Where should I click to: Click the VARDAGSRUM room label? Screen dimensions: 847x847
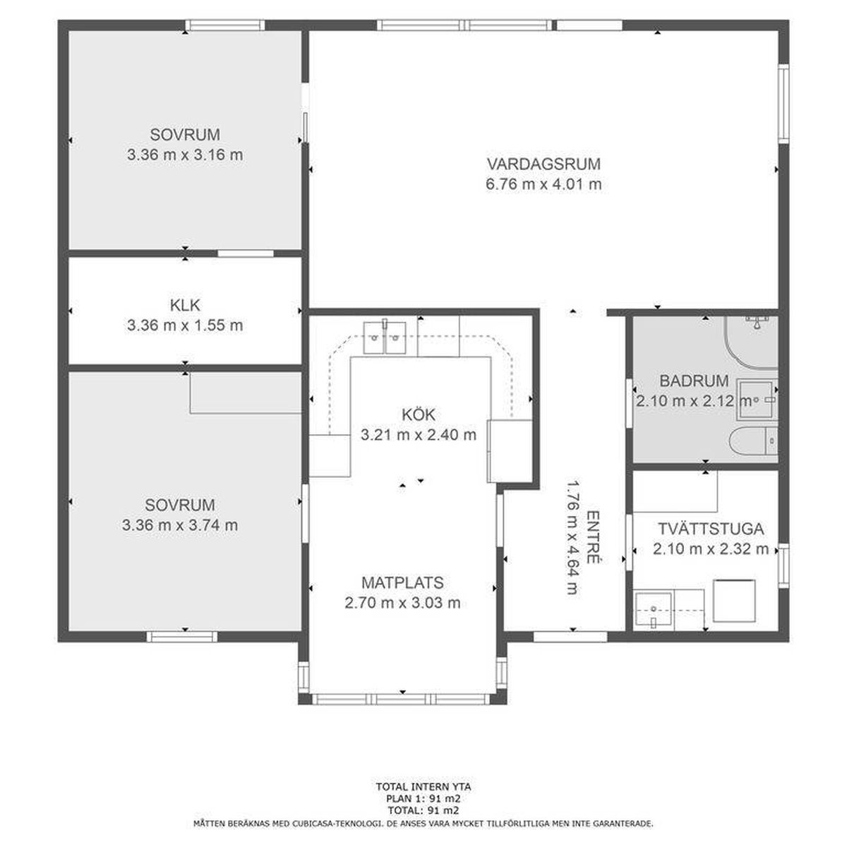pyautogui.click(x=543, y=164)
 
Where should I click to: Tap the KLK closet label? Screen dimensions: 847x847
pyautogui.click(x=185, y=305)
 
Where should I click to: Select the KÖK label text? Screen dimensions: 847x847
pyautogui.click(x=419, y=414)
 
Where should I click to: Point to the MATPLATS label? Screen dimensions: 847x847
pyautogui.click(x=402, y=583)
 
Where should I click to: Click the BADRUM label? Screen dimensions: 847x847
pyautogui.click(x=694, y=380)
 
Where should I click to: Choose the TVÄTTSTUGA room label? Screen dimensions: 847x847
pyautogui.click(x=711, y=529)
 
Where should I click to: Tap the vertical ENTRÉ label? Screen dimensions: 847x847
pyautogui.click(x=594, y=537)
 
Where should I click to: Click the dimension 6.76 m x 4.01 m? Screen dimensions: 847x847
pyautogui.click(x=543, y=184)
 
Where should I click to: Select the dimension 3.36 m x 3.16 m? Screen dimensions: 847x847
pyautogui.click(x=185, y=155)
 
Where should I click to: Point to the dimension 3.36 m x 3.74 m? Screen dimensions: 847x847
pyautogui.click(x=180, y=525)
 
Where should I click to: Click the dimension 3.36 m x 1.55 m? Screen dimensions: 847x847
pyautogui.click(x=185, y=325)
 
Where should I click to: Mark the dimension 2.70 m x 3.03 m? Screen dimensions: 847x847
pyautogui.click(x=402, y=603)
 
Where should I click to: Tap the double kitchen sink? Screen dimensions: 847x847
pyautogui.click(x=385, y=337)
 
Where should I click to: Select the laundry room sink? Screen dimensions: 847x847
pyautogui.click(x=654, y=609)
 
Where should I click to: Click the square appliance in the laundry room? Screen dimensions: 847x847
pyautogui.click(x=734, y=601)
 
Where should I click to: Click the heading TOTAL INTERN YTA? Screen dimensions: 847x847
pyautogui.click(x=423, y=787)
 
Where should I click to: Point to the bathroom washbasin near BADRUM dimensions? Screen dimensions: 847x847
pyautogui.click(x=755, y=400)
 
